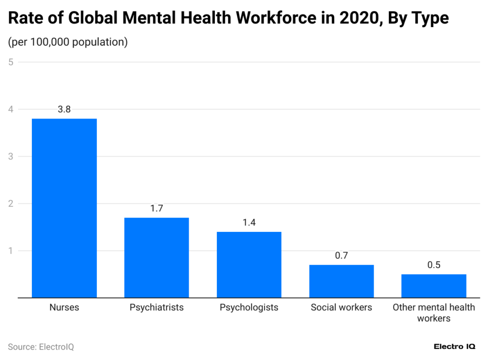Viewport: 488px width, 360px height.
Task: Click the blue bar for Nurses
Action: click(64, 208)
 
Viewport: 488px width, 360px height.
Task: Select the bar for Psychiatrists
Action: click(156, 258)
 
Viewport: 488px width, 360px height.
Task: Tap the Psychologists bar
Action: click(249, 265)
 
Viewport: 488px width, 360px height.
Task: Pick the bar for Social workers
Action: click(341, 281)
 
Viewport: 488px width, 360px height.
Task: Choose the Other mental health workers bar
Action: click(434, 286)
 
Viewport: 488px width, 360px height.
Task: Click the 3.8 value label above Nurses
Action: click(64, 109)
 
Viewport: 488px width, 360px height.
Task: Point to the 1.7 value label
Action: click(156, 208)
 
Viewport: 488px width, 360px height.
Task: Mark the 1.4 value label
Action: click(249, 222)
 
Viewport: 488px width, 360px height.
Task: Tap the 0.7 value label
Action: click(341, 255)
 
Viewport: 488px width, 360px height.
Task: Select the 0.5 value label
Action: click(434, 265)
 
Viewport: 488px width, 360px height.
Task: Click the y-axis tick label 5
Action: click(10, 62)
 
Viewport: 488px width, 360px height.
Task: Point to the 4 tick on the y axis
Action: click(10, 109)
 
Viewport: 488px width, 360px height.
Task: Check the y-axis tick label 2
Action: click(10, 203)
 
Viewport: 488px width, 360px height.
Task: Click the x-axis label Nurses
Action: click(64, 308)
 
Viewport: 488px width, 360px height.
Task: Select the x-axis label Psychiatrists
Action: click(156, 308)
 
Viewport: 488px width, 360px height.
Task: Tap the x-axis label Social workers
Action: click(341, 308)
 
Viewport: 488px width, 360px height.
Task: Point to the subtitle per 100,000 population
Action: click(68, 42)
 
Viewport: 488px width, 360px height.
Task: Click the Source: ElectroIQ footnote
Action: click(41, 347)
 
